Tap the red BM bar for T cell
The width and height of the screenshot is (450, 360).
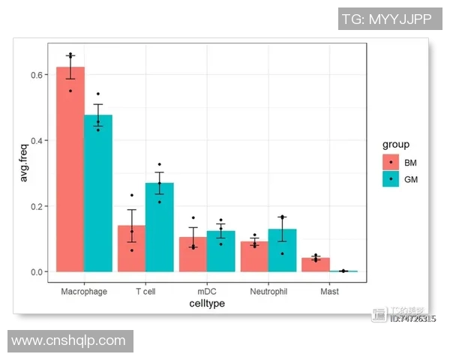pyautogui.click(x=132, y=248)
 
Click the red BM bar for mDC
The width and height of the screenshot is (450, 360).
pyautogui.click(x=193, y=254)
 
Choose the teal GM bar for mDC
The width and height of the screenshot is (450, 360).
pyautogui.click(x=220, y=251)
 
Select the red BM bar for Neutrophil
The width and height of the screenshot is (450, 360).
pyautogui.click(x=254, y=256)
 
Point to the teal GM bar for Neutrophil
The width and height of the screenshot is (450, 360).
pyautogui.click(x=282, y=250)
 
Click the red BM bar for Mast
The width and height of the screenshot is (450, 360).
pyautogui.click(x=316, y=265)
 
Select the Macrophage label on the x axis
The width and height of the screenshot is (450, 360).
pyautogui.click(x=84, y=291)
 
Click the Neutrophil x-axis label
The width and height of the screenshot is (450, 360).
pyautogui.click(x=268, y=291)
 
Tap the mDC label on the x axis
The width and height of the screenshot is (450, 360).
pyautogui.click(x=207, y=291)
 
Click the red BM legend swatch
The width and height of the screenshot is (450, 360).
pyautogui.click(x=391, y=162)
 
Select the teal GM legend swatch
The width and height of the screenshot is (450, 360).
pyautogui.click(x=391, y=179)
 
